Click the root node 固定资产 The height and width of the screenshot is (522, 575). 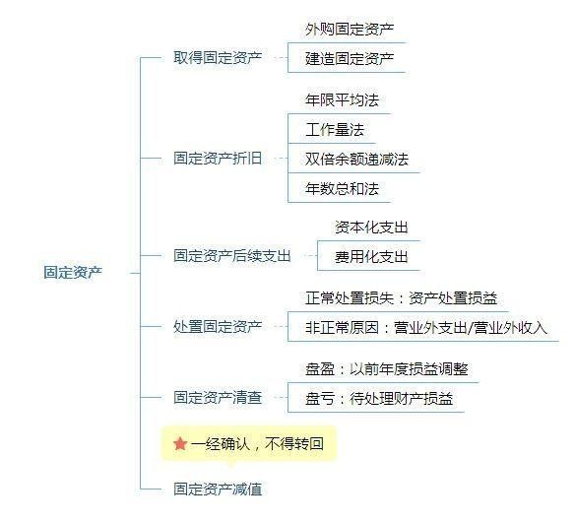pyautogui.click(x=73, y=273)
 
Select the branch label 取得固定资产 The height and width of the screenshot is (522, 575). pyautogui.click(x=218, y=57)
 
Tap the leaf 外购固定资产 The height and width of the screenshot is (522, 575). pyautogui.click(x=350, y=29)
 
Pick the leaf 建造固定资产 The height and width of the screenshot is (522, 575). pyautogui.click(x=350, y=58)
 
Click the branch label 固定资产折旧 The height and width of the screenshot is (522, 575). pyautogui.click(x=218, y=159)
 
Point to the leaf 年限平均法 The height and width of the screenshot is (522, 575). pyautogui.click(x=342, y=99)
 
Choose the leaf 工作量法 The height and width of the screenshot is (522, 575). pyautogui.click(x=335, y=129)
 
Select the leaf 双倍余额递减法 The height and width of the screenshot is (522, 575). pyautogui.click(x=356, y=160)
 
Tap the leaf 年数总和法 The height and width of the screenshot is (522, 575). pyautogui.click(x=342, y=188)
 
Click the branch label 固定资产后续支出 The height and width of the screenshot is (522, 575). pyautogui.click(x=232, y=255)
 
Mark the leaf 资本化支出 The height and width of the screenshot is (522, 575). pyautogui.click(x=371, y=228)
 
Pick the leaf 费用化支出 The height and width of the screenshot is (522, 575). pyautogui.click(x=371, y=256)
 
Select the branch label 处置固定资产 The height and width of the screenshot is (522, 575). pyautogui.click(x=218, y=326)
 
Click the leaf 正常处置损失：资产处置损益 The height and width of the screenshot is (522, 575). pyautogui.click(x=401, y=297)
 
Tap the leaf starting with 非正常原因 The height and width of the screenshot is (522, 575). pyautogui.click(x=426, y=327)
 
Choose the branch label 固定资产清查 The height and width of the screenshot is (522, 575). pyautogui.click(x=218, y=397)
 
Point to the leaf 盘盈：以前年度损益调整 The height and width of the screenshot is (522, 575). pyautogui.click(x=387, y=368)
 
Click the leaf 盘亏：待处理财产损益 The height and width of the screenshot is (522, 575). pyautogui.click(x=379, y=398)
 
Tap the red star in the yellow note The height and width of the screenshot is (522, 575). pyautogui.click(x=180, y=443)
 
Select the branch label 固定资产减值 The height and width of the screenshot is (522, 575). pyautogui.click(x=218, y=489)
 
